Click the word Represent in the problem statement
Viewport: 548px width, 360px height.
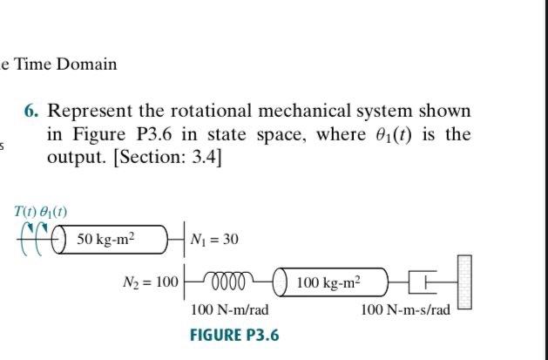pos(88,112)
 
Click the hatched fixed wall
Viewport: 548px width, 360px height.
pos(463,281)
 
